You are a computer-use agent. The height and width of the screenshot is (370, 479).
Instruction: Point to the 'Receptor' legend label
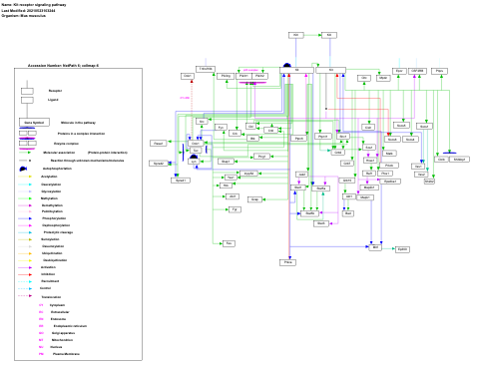coord(55,91)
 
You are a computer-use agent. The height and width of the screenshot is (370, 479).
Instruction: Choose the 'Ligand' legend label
coord(54,100)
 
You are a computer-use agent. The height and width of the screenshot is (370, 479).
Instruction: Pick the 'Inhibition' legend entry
coord(49,274)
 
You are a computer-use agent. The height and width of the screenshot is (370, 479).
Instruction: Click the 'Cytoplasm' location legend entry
coord(57,305)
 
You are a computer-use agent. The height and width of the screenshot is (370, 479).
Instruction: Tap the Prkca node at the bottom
coord(287,261)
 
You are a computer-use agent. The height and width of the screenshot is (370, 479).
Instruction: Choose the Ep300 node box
coord(403,249)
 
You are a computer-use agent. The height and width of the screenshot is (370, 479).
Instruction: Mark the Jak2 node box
coord(301,175)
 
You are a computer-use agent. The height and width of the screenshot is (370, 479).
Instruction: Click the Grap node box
coord(254,199)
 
